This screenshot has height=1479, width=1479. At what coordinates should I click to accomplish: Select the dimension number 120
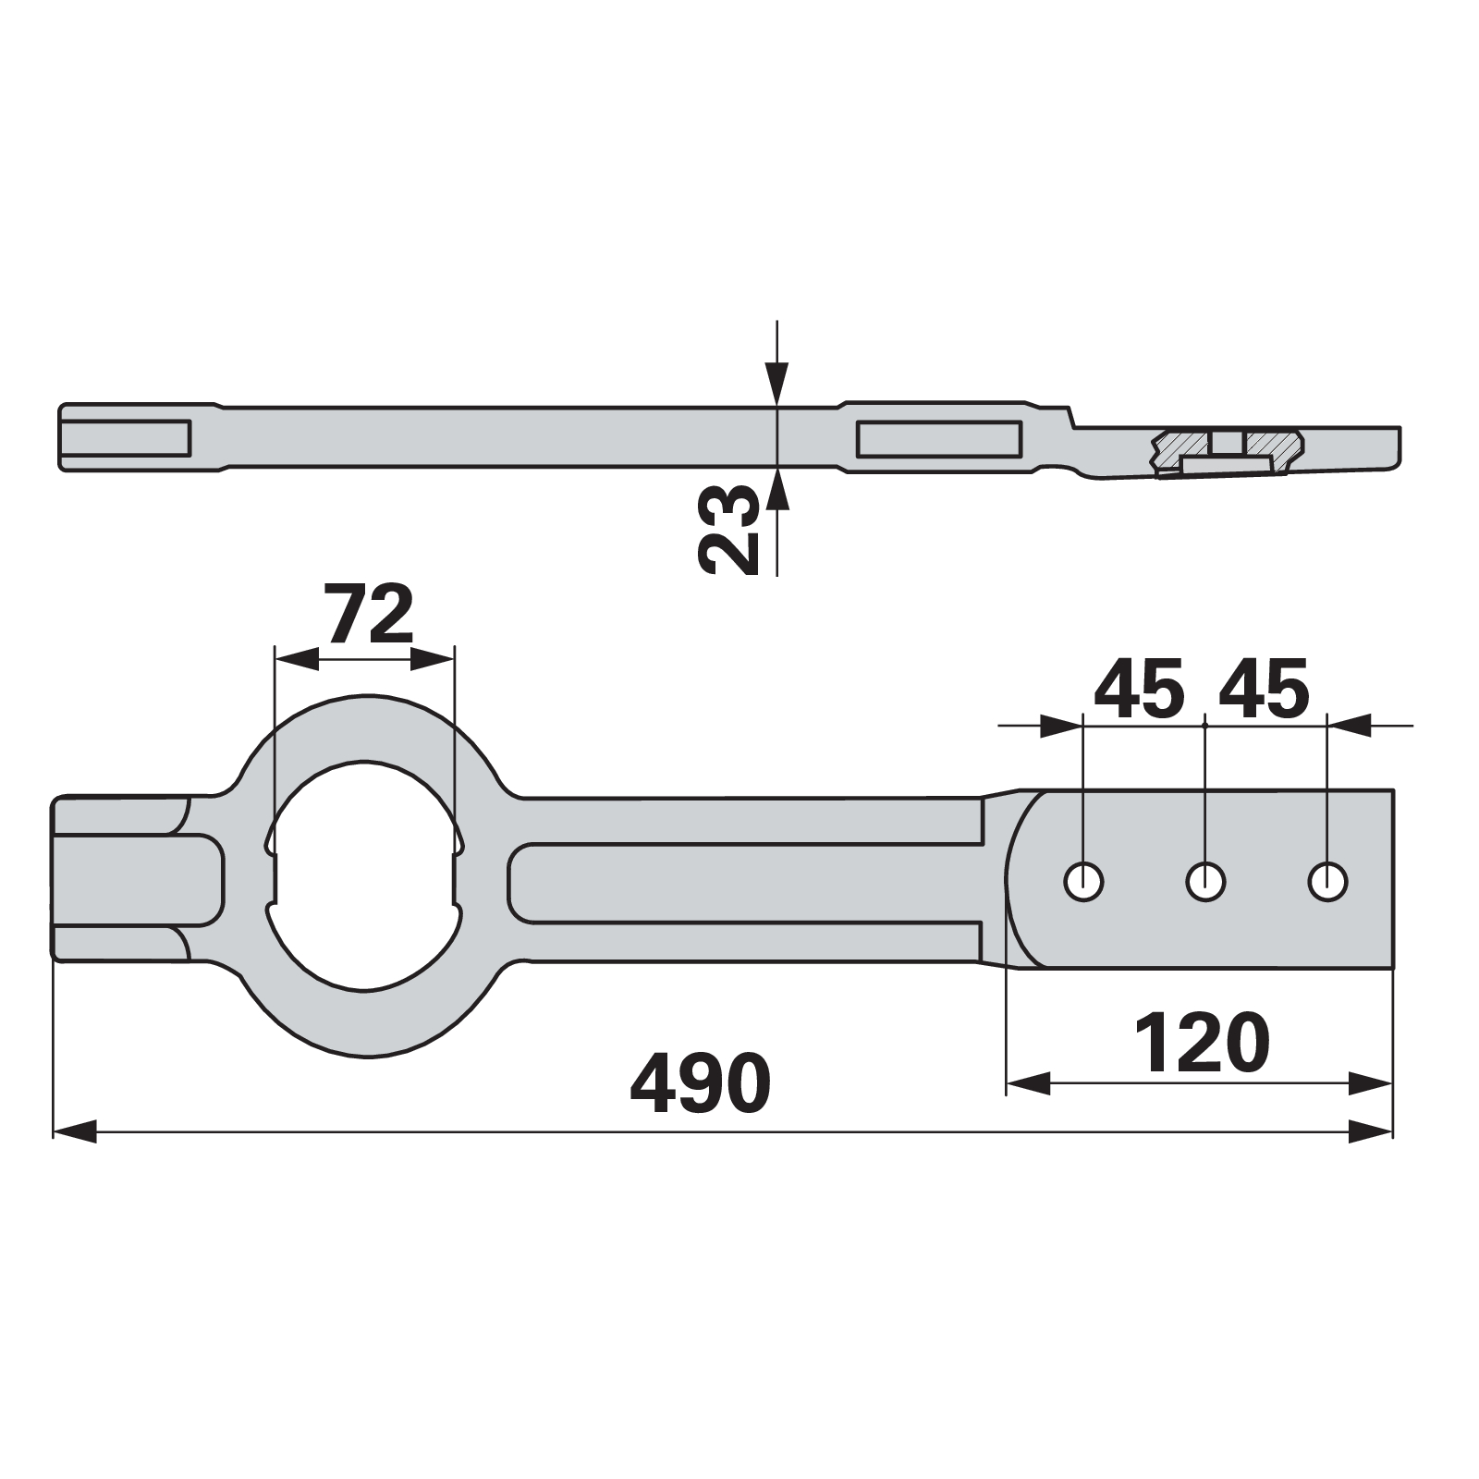[x=1202, y=1042]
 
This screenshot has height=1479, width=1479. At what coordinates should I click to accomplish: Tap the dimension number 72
[x=369, y=614]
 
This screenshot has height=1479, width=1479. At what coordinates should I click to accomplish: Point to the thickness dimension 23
[x=728, y=531]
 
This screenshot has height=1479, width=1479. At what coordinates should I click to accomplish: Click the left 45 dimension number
[x=1139, y=689]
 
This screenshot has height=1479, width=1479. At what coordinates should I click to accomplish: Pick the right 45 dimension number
[x=1264, y=689]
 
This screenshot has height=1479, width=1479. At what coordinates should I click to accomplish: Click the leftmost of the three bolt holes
[x=1083, y=882]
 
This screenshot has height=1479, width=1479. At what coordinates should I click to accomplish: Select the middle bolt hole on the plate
[x=1205, y=882]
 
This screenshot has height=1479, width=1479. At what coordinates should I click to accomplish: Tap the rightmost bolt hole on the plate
[x=1327, y=882]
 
